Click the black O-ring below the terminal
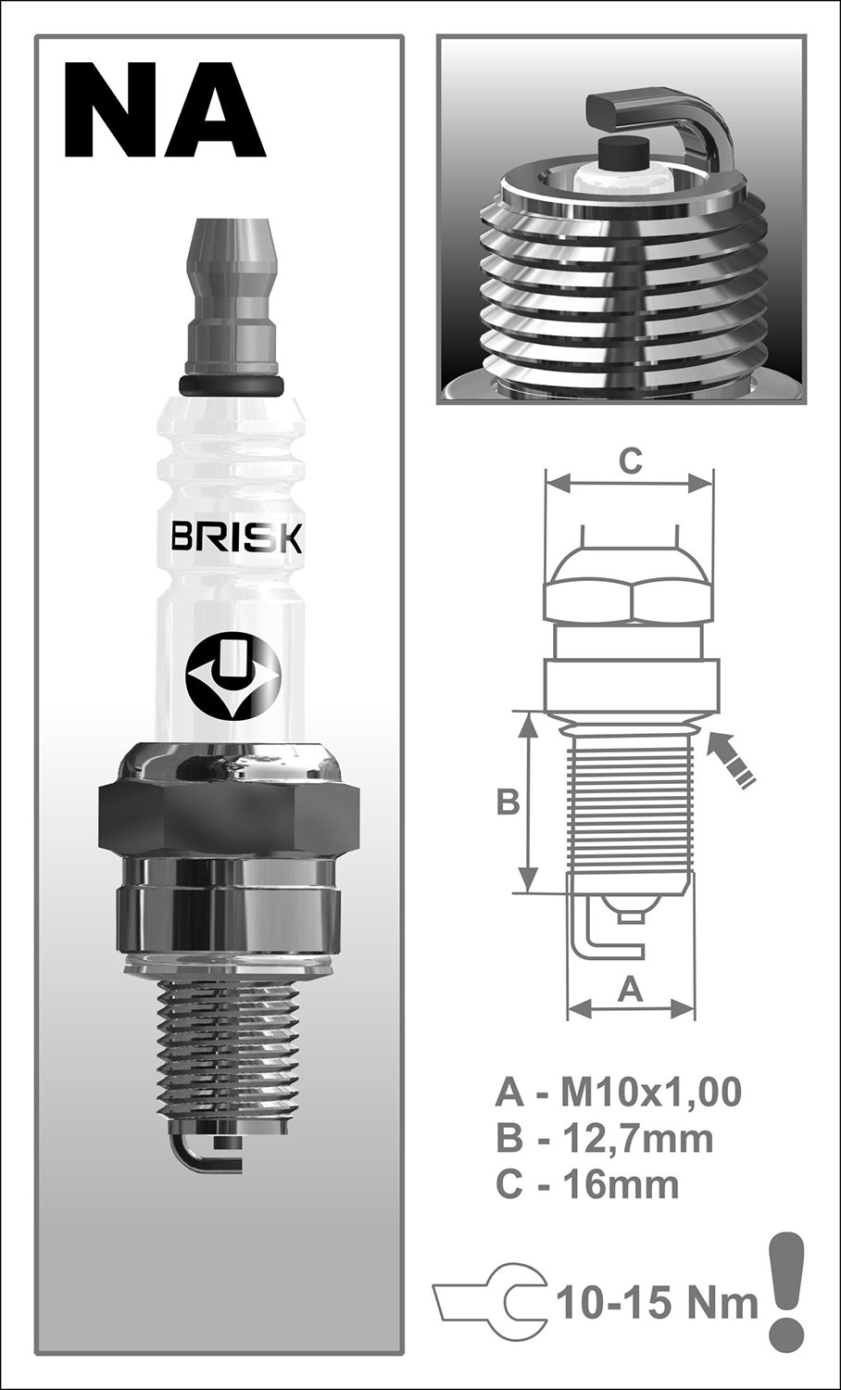coord(229,385)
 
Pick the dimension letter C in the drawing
coord(630,461)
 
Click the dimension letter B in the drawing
coord(508,802)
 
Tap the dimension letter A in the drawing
coord(630,991)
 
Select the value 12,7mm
coord(638,1139)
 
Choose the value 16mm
coord(621,1184)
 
